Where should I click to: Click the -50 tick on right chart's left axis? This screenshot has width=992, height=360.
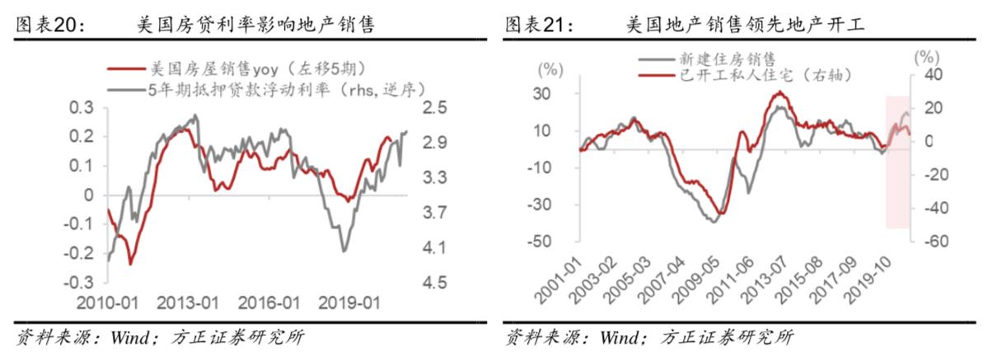550,241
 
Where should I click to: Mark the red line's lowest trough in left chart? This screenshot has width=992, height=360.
130,264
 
